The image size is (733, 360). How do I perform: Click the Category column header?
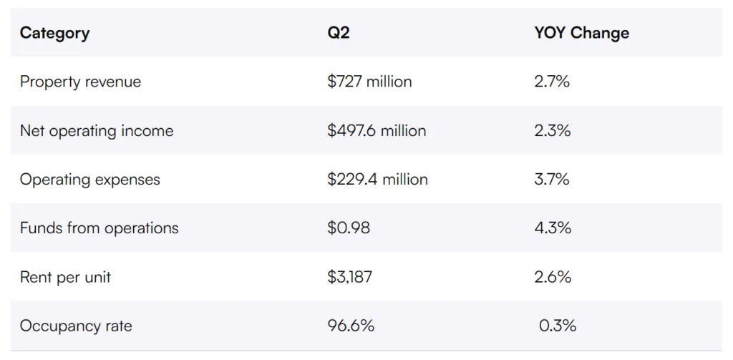tap(54, 33)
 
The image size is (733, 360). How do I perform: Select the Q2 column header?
tap(339, 33)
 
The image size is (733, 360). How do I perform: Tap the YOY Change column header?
tap(581, 33)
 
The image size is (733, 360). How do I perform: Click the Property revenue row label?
tap(80, 82)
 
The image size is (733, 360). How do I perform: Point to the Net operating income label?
tap(97, 131)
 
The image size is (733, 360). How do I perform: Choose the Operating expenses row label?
tap(90, 180)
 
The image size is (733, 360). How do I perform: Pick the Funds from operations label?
tap(99, 228)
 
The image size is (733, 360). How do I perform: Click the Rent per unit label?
tap(65, 277)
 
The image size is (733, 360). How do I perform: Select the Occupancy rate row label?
tap(76, 326)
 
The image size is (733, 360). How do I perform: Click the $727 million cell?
tap(369, 82)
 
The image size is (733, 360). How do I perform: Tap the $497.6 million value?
tap(377, 131)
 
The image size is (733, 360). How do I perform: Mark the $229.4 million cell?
tap(377, 180)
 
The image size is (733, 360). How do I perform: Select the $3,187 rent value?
tap(350, 277)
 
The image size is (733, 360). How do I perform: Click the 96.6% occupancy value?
tap(351, 326)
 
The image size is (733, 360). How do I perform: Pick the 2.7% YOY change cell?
tap(552, 82)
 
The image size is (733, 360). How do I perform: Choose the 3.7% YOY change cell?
tap(552, 180)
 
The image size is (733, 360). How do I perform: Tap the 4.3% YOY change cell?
tap(553, 228)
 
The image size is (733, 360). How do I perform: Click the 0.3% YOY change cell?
tap(558, 326)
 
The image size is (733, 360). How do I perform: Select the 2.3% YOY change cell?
tap(552, 131)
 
